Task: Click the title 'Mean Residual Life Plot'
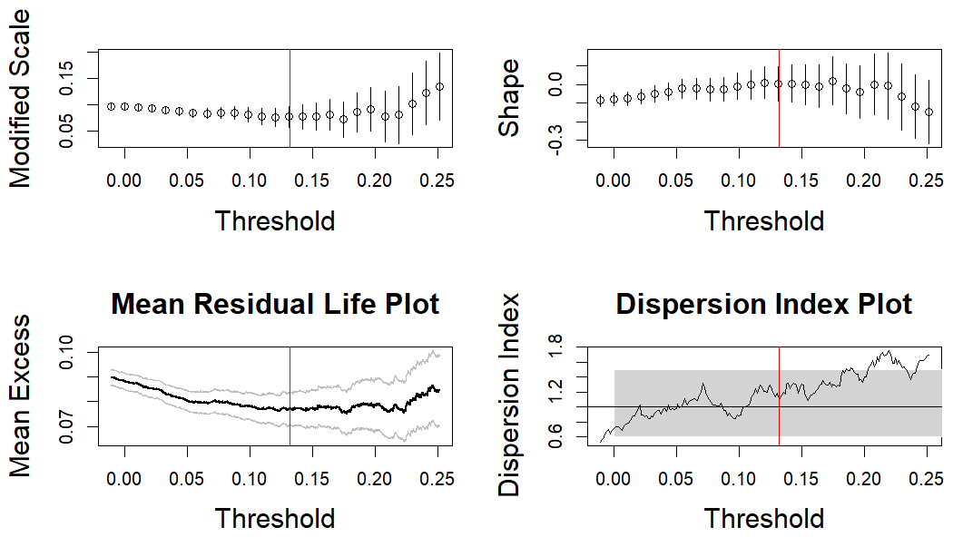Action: click(275, 304)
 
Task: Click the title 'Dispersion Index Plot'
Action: click(763, 304)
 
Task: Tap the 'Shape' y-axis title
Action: click(510, 99)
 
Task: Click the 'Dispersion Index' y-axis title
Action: click(510, 395)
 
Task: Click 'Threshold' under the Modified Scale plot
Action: click(275, 220)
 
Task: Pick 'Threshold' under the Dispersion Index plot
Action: click(763, 519)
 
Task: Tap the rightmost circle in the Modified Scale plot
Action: click(439, 86)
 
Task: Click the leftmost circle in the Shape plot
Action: click(600, 100)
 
